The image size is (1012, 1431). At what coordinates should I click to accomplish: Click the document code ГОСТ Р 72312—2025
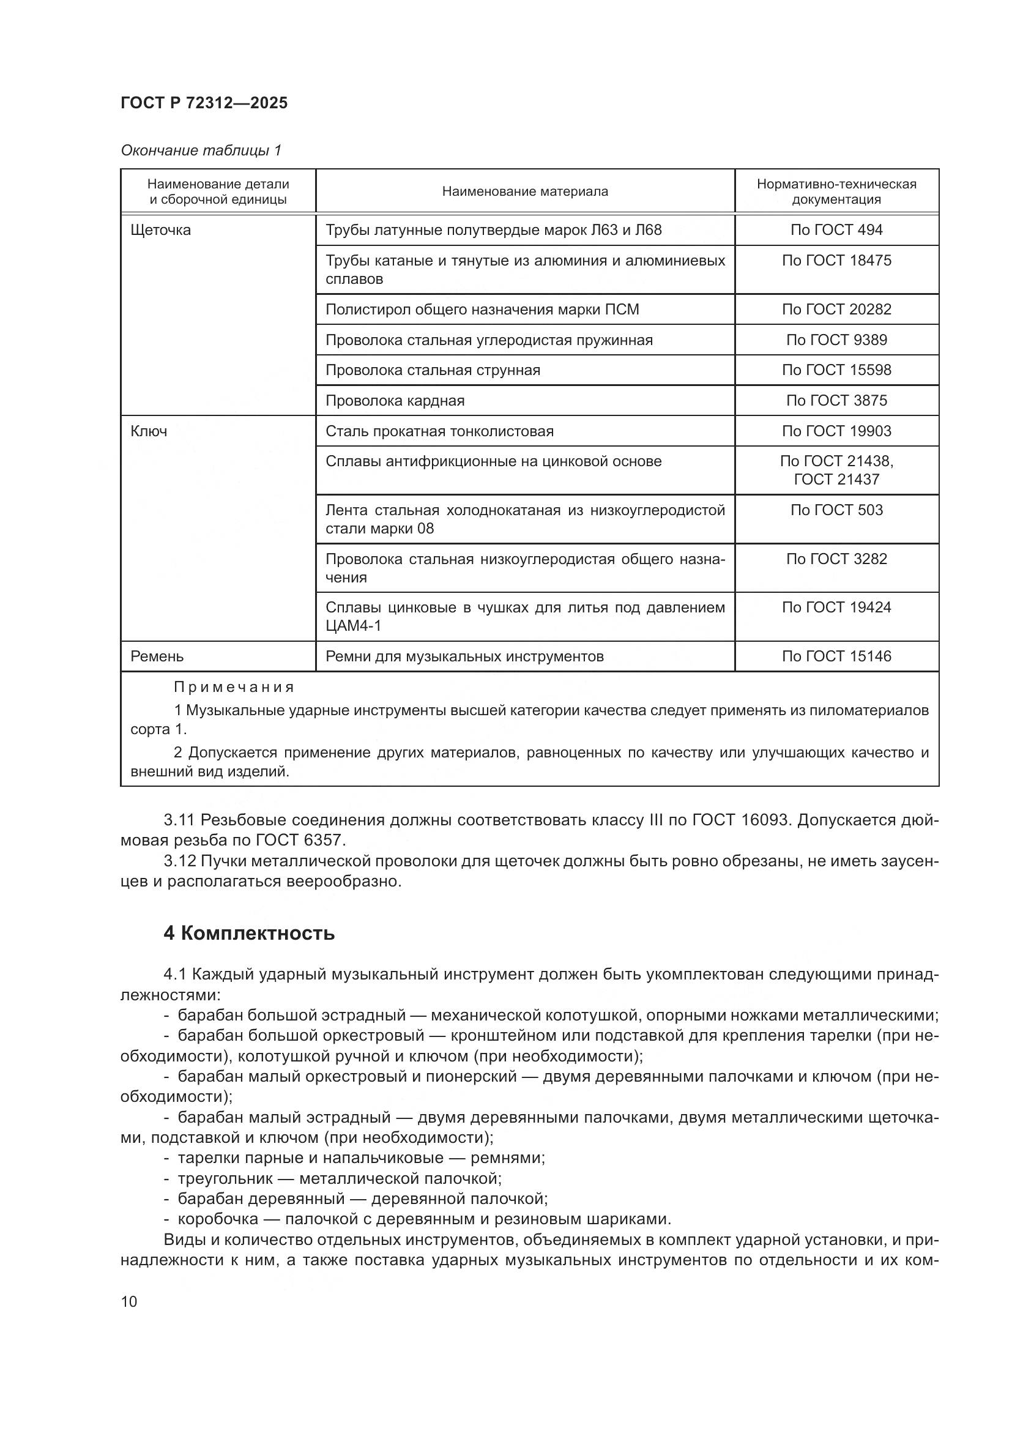click(204, 103)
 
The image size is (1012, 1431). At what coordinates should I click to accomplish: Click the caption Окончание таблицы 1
click(201, 151)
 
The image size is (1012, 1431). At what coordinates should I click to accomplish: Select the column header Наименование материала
click(525, 191)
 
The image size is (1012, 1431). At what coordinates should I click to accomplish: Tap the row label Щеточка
click(161, 230)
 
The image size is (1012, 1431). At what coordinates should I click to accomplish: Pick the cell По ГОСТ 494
click(836, 230)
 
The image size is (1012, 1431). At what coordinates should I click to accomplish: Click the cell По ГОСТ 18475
click(836, 261)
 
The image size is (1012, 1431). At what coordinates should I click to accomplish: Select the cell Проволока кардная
click(395, 401)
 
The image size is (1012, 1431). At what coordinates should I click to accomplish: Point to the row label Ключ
click(149, 431)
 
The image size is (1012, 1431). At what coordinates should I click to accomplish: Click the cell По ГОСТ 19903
click(836, 431)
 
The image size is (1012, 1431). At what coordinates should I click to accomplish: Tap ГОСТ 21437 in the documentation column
click(836, 479)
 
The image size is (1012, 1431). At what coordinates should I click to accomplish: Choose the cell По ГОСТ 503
click(836, 510)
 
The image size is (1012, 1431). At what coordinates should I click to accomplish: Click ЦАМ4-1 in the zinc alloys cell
click(353, 626)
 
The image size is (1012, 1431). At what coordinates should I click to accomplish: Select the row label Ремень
click(157, 656)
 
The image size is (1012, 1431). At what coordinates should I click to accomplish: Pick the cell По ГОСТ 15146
click(836, 656)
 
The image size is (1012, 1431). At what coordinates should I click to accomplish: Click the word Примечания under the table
click(234, 688)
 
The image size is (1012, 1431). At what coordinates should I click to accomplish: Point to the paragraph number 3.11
click(179, 820)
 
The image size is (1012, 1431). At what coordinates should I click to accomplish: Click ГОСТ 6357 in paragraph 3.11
click(298, 840)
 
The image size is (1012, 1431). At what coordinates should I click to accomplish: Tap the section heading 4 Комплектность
click(249, 933)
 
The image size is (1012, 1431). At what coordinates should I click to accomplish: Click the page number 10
click(129, 1301)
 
